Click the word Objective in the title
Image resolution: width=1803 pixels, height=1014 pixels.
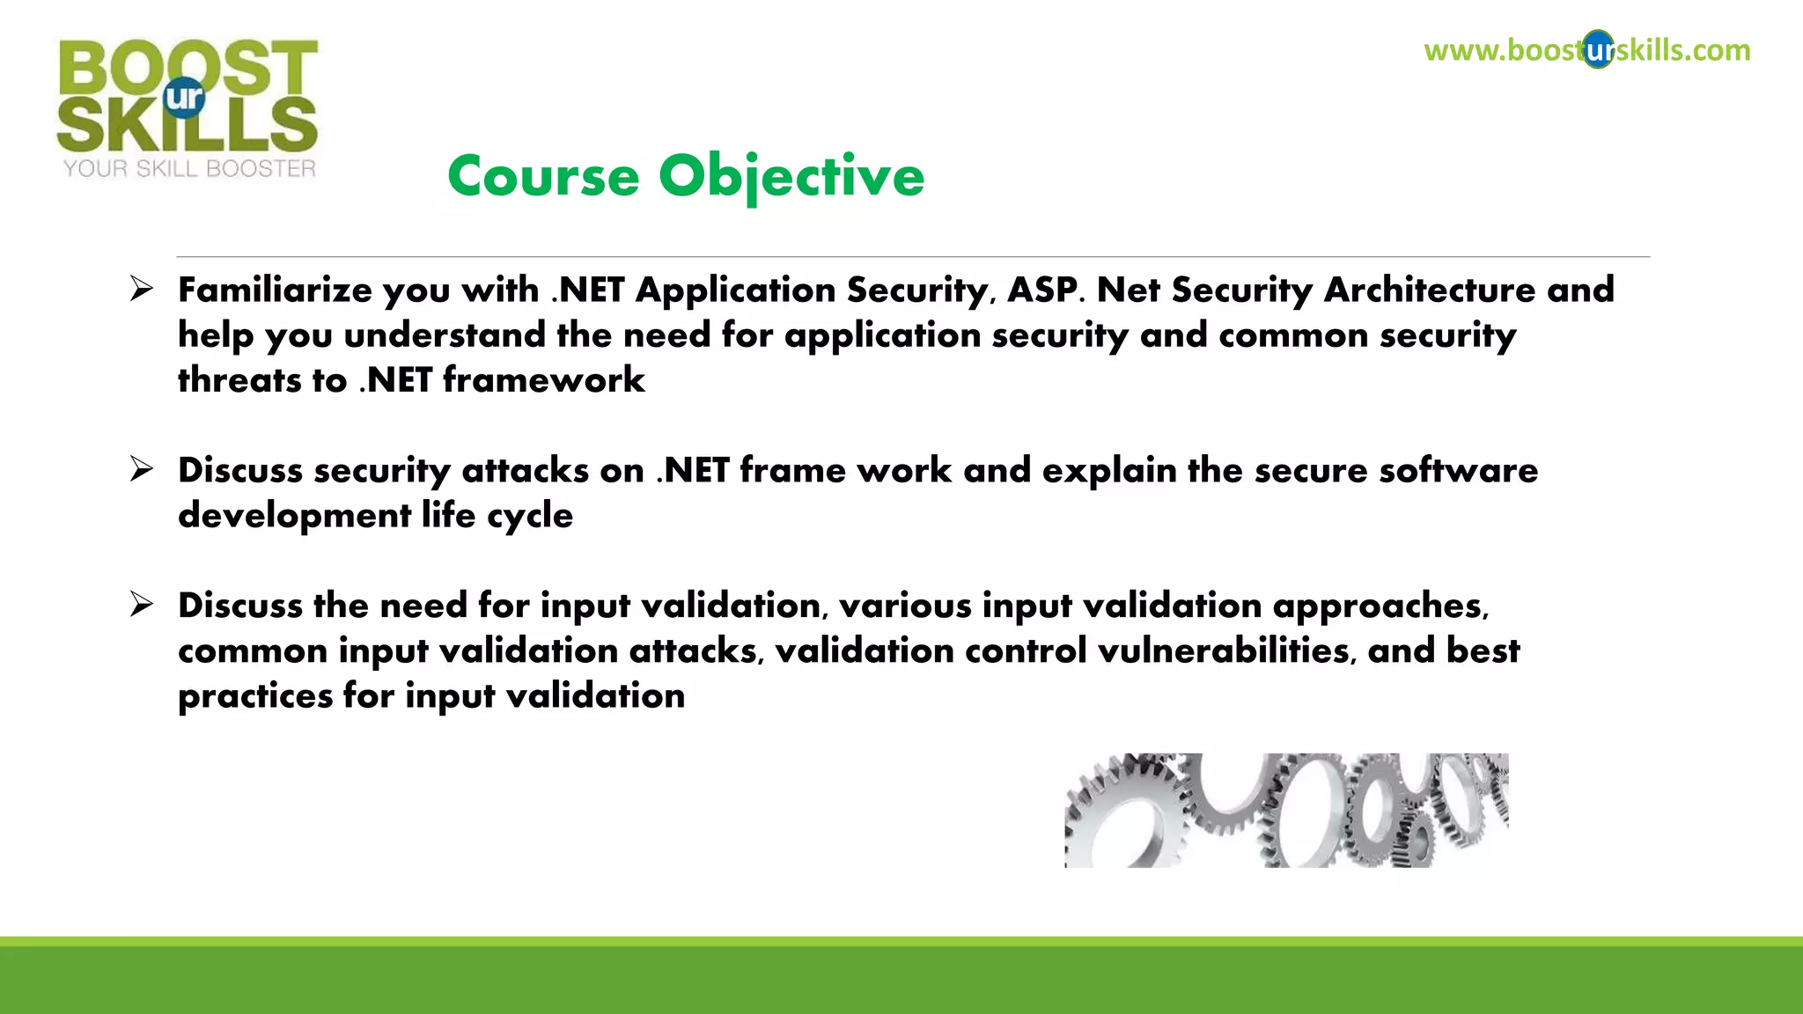tap(791, 176)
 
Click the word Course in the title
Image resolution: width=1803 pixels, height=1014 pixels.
tap(543, 176)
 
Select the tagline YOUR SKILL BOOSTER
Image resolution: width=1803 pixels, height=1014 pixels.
tap(189, 168)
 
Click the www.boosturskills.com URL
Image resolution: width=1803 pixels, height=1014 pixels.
tap(1586, 50)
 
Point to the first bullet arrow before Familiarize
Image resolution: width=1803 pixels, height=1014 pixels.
tap(141, 289)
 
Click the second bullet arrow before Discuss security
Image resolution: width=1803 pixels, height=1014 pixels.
tap(141, 469)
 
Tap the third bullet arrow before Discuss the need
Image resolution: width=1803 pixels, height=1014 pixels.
tap(141, 605)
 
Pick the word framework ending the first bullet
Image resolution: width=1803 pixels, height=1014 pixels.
tap(543, 380)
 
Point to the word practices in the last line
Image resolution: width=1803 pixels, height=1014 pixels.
tap(254, 696)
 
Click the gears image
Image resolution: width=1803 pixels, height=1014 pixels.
tap(1285, 810)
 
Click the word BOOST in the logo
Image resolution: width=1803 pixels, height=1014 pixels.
tap(188, 67)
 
